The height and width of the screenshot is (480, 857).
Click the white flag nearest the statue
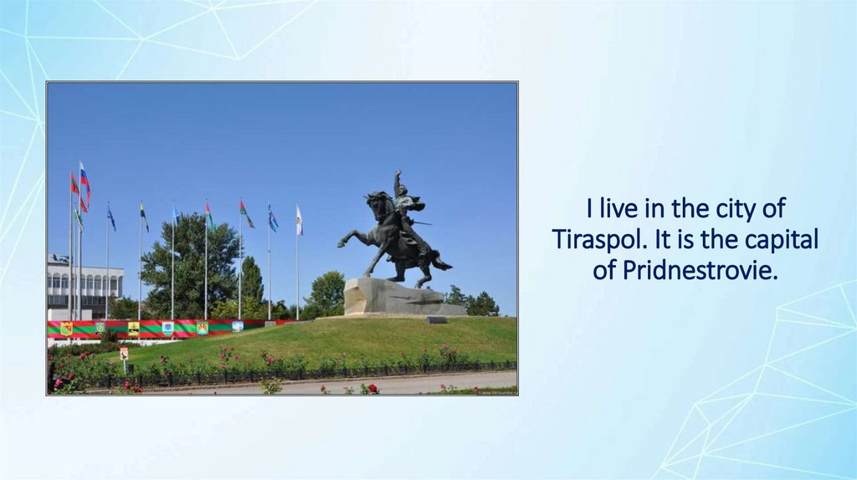299,221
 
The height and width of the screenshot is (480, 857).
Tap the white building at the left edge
84,284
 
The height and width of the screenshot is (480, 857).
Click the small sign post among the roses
124,355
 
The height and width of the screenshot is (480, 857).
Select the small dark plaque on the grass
436,319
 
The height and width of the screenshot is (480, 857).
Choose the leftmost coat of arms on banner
66,329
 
